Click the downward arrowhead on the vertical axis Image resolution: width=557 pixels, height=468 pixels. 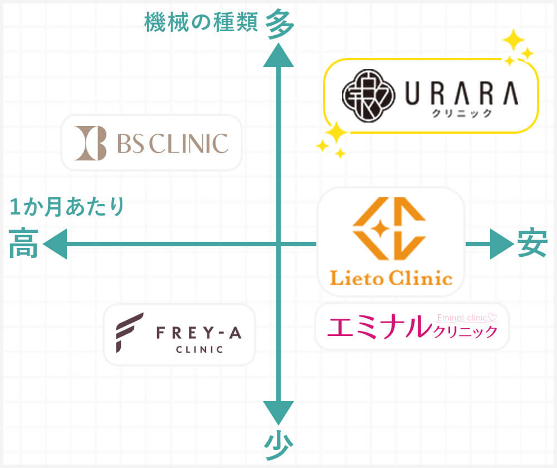(277, 413)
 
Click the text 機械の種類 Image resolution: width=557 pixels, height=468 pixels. (201, 22)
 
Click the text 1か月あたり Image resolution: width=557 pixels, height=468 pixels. (67, 207)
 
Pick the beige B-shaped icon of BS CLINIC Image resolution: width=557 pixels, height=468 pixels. (90, 143)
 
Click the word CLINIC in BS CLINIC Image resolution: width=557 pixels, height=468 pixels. (189, 143)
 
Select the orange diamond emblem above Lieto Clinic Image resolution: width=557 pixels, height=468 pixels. (390, 228)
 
